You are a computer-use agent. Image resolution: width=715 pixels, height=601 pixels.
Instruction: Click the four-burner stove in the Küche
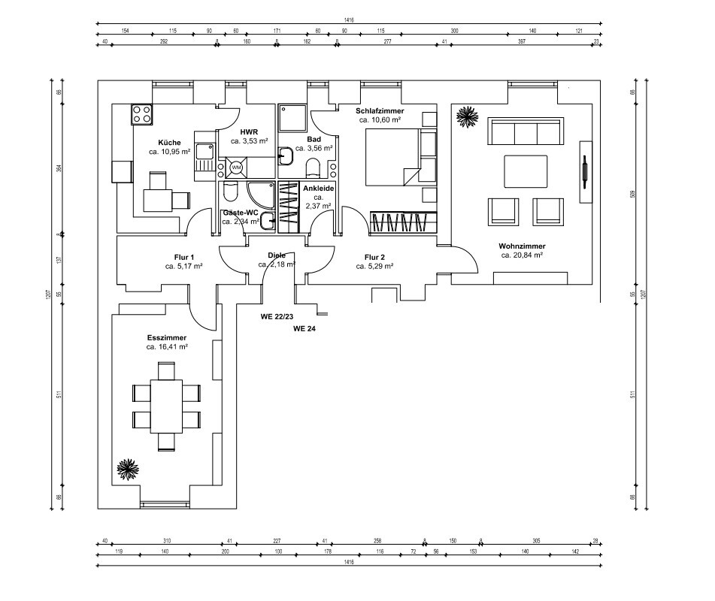(x=143, y=114)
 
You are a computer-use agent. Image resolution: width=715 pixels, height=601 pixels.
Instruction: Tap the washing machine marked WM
(x=235, y=167)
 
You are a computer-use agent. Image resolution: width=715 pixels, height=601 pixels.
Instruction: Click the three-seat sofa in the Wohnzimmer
(x=525, y=132)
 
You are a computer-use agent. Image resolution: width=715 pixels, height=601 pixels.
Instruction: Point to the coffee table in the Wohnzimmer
(x=526, y=171)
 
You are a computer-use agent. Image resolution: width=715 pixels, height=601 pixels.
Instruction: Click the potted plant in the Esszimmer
(x=128, y=470)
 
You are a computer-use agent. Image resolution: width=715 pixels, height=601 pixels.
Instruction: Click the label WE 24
(x=304, y=329)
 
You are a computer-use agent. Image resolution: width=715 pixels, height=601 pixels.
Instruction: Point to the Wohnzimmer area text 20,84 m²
(x=522, y=255)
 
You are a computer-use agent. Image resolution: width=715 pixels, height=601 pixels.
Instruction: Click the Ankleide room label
(x=318, y=189)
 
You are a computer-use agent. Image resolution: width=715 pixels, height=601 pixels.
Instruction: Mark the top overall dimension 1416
(x=349, y=20)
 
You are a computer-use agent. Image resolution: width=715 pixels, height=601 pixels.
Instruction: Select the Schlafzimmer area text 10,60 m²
(x=380, y=120)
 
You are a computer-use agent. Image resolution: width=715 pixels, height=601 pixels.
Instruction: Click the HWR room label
(x=249, y=131)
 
